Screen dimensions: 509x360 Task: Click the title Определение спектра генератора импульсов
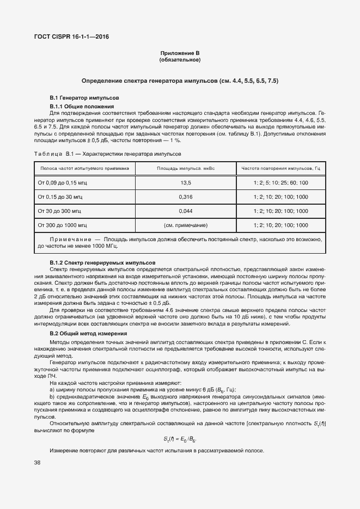180,81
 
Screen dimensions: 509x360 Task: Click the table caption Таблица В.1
49,154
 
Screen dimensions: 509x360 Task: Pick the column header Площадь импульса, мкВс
186,169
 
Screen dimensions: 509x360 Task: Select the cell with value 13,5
186,183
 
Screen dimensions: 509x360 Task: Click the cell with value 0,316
186,197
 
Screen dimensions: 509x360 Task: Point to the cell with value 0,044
186,211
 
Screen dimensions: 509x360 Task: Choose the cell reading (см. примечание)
186,224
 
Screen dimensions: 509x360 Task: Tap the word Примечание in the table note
68,239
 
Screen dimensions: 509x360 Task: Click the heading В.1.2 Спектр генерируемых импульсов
102,262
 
